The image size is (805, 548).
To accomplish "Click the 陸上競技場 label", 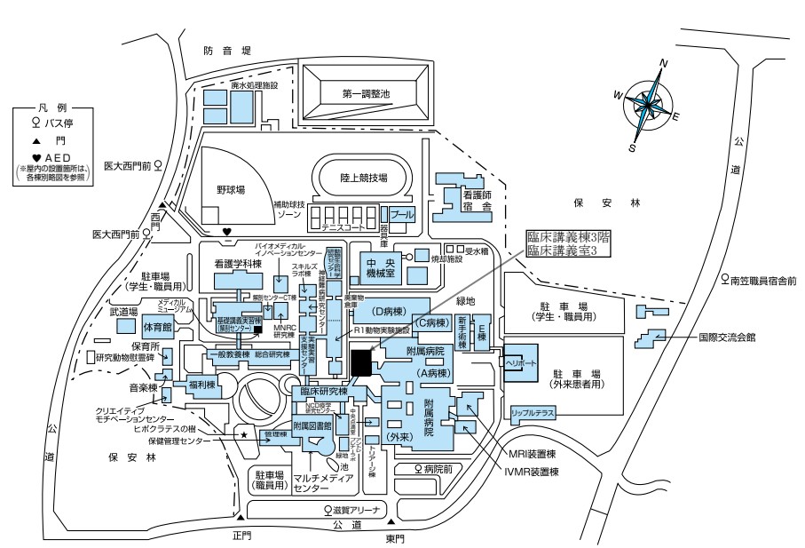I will [364, 178].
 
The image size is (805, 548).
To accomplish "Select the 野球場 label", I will [229, 189].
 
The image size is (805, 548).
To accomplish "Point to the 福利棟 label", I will [198, 385].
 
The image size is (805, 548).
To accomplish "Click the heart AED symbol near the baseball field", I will [227, 233].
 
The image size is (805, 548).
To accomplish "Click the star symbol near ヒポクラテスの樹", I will [245, 436].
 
